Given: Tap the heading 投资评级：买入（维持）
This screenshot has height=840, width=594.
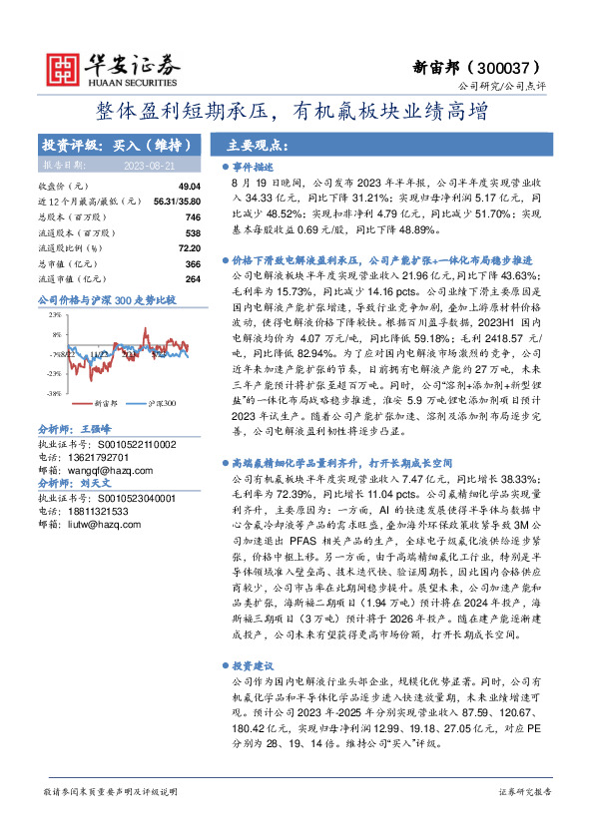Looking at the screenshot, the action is pos(110,144).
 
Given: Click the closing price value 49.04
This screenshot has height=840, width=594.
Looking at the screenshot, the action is pos(189,187).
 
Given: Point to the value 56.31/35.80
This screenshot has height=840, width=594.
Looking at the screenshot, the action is pos(178,202).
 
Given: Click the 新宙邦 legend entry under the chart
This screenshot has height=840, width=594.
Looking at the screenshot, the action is pos(104,403).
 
